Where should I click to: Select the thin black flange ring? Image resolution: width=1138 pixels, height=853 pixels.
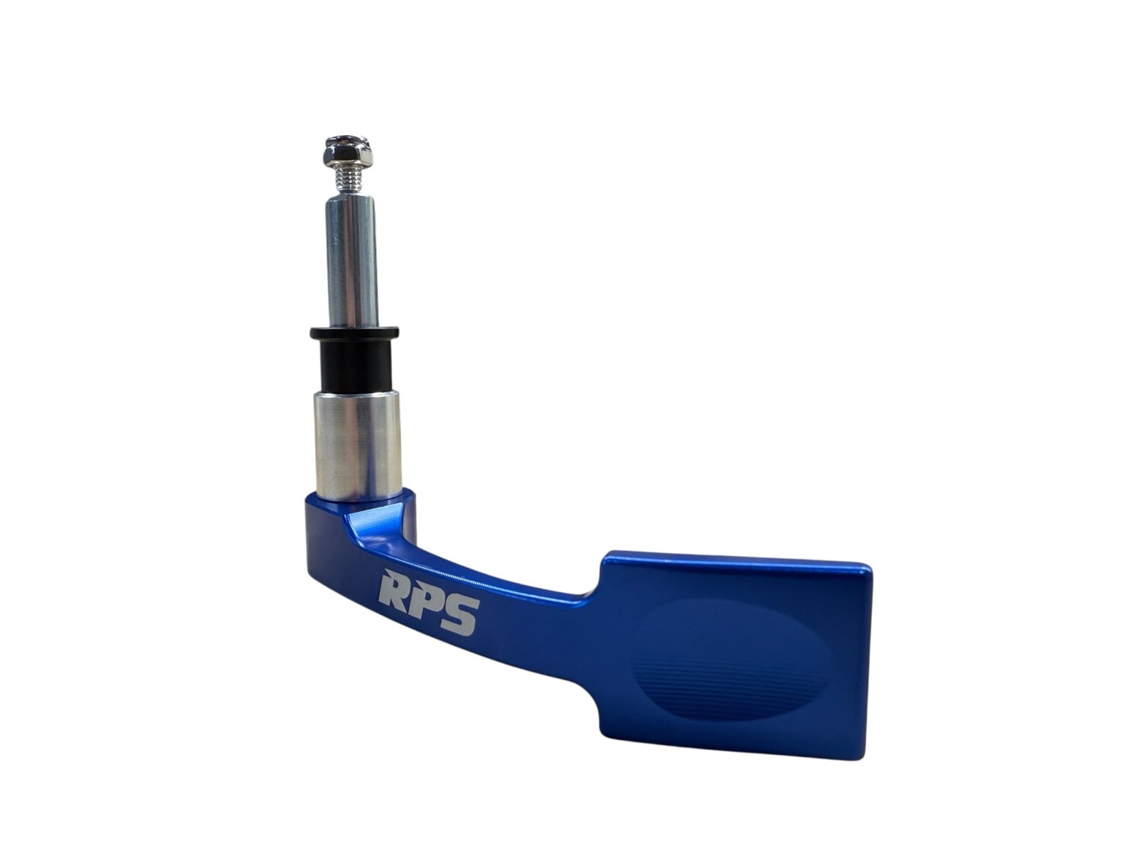pyautogui.click(x=354, y=331)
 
